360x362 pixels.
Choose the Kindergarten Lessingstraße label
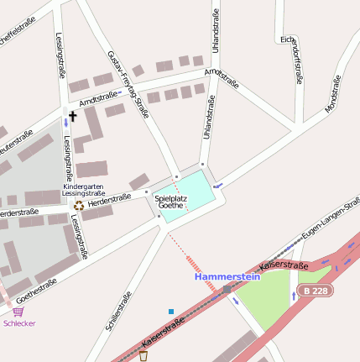coord(84,189)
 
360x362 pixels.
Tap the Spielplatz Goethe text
coord(171,202)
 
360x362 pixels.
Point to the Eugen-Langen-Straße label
coord(331,221)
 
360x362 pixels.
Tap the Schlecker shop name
coord(19,323)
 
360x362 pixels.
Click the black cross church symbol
coord(73,117)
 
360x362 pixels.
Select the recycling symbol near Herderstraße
coord(79,204)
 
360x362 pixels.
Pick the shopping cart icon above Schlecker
coord(18,311)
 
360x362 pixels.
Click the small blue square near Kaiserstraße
coord(171,312)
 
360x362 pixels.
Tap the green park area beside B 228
coord(269,298)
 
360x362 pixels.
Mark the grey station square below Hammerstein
coord(227,289)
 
